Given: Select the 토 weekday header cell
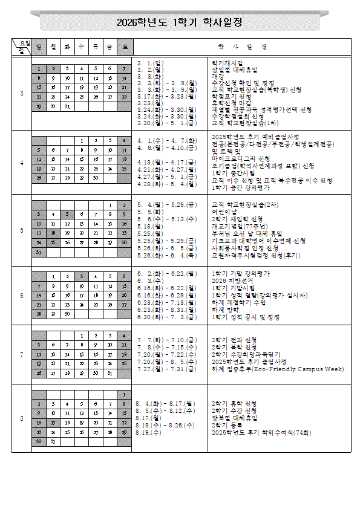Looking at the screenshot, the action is point(124,47).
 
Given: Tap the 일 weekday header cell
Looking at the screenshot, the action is point(38,47).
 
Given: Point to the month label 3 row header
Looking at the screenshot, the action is point(22,94).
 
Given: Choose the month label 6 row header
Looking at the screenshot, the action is point(22,296).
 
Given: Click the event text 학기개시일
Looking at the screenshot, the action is point(226,62).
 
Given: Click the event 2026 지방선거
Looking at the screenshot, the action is point(229,280).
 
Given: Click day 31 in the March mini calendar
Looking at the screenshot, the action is point(67,106).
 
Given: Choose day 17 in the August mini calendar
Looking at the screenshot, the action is point(53,423).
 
